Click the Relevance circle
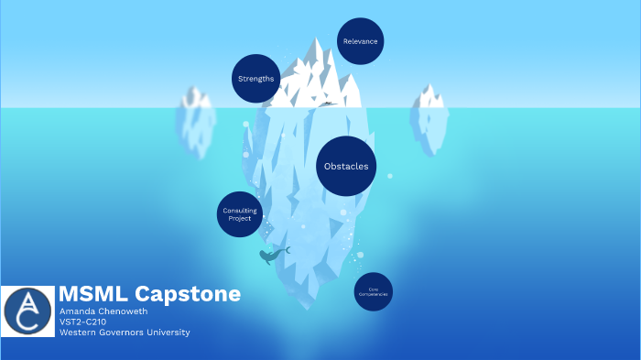click(360, 41)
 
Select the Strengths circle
click(255, 79)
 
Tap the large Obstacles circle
click(346, 166)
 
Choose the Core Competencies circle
click(373, 291)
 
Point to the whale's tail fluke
click(287, 249)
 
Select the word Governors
click(125, 333)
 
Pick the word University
click(169, 333)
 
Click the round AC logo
click(28, 311)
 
